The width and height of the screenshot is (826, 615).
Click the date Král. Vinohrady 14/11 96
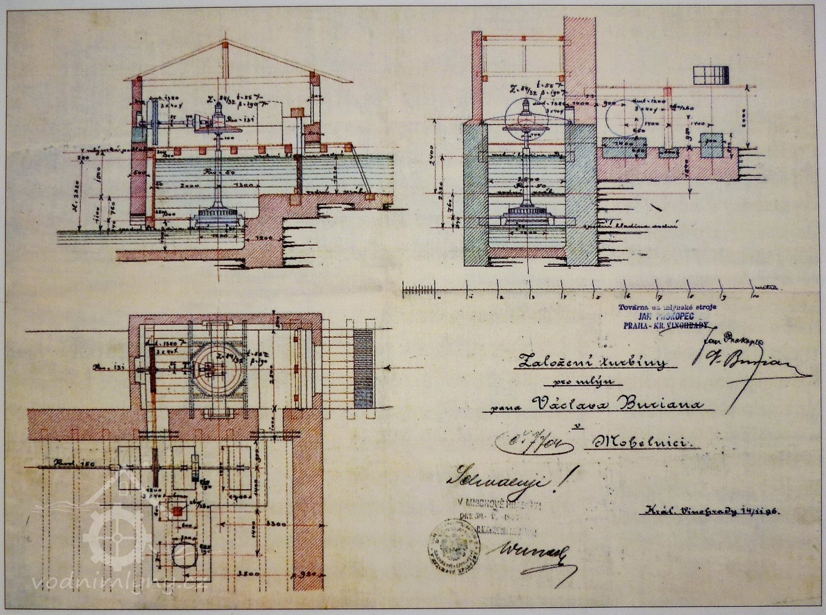pyautogui.click(x=712, y=512)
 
